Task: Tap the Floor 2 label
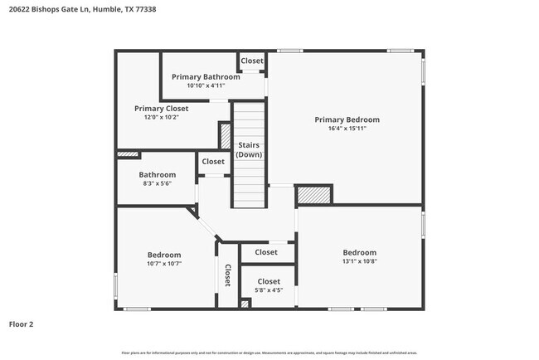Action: [x=22, y=324]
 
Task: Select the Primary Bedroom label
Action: [x=347, y=119]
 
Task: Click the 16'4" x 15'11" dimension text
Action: [x=347, y=129]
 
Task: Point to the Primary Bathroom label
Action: [x=206, y=76]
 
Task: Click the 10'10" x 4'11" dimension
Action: [x=206, y=85]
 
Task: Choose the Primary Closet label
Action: [x=162, y=109]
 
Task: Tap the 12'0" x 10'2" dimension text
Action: [x=162, y=117]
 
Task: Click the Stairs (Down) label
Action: [x=250, y=150]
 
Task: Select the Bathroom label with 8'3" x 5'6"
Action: [x=157, y=175]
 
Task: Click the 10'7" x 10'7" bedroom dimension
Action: [x=164, y=263]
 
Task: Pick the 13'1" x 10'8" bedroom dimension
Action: [x=359, y=261]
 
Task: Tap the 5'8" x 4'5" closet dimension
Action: [x=268, y=290]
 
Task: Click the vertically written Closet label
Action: [x=226, y=276]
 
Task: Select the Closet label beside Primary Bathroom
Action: [x=252, y=61]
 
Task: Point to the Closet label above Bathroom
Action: [x=213, y=162]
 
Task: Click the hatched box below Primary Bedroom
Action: [x=314, y=194]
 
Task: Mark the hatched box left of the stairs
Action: [x=225, y=136]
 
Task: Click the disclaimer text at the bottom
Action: [x=269, y=353]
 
